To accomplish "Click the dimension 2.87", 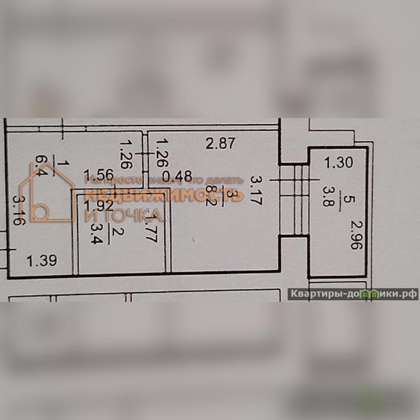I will (x=220, y=143).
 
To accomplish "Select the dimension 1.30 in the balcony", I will (x=338, y=163).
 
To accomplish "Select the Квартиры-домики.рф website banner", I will (x=353, y=294).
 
